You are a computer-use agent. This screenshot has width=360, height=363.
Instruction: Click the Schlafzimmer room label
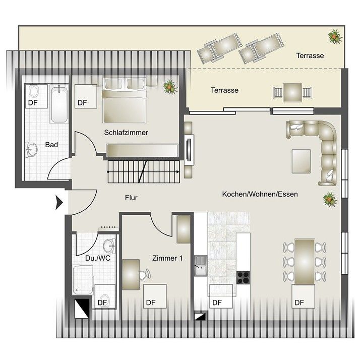(x=126, y=133)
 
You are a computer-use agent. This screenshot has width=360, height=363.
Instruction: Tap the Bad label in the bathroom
(x=51, y=145)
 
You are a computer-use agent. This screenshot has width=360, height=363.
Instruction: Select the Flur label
(x=131, y=198)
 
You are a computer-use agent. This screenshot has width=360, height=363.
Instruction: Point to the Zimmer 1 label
(x=167, y=258)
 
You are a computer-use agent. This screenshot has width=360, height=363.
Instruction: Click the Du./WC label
(x=98, y=258)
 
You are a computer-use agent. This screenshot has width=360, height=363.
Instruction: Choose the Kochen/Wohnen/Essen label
(x=260, y=194)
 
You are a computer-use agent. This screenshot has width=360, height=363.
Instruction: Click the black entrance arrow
(x=59, y=203)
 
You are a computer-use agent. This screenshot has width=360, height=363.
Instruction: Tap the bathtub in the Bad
(x=59, y=104)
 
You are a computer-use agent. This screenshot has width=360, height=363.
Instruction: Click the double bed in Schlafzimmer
(x=125, y=100)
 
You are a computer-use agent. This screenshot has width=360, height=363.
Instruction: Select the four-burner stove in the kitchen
(x=243, y=278)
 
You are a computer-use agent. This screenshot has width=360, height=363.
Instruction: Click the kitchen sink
(x=201, y=266)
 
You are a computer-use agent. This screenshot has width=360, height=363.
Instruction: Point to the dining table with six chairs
(x=305, y=262)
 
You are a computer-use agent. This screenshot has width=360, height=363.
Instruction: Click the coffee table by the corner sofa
(x=301, y=161)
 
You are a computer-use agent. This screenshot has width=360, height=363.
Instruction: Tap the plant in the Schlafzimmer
(x=170, y=87)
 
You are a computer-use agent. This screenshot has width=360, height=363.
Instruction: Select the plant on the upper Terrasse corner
(x=335, y=36)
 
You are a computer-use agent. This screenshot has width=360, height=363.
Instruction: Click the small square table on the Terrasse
(x=292, y=93)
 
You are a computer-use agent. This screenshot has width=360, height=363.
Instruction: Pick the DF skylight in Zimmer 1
(x=155, y=296)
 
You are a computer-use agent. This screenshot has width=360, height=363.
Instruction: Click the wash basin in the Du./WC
(x=109, y=246)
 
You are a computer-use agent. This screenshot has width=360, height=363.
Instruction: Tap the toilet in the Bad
(x=34, y=91)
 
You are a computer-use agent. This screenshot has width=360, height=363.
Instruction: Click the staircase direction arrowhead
(x=177, y=172)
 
